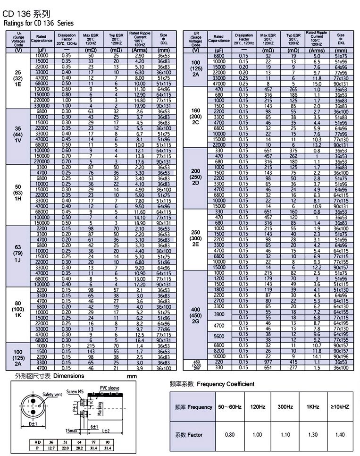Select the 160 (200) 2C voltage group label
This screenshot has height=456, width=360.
point(195,118)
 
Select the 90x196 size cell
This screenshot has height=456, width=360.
point(341,356)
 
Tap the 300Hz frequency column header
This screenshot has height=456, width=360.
point(285,406)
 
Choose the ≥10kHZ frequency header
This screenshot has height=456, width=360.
point(340,406)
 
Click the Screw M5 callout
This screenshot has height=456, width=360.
point(75,392)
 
